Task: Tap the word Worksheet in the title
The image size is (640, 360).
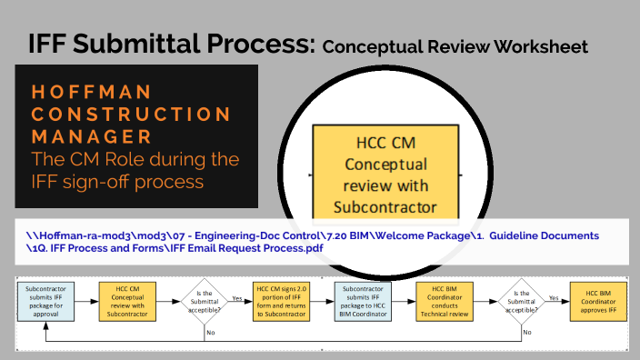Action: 542,45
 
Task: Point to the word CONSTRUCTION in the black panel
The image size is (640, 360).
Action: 131,115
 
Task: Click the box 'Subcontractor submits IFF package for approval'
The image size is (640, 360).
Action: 45,299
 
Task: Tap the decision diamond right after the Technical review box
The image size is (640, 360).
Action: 521,299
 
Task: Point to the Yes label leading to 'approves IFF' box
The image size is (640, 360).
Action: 554,295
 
